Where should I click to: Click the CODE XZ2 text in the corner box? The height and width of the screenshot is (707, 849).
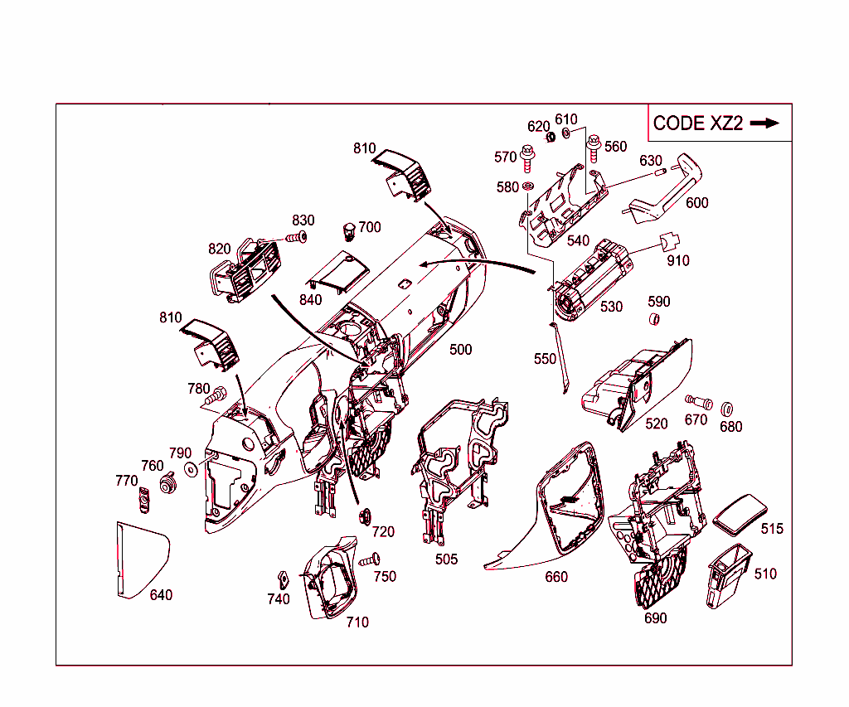coord(697,123)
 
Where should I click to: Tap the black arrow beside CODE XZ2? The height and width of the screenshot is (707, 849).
coord(764,123)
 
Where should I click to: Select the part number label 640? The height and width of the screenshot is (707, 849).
coord(161,595)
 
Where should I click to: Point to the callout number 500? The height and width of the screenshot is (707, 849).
coord(460,350)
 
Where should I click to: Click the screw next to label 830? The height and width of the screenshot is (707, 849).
coord(295,238)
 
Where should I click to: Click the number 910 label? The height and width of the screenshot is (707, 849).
coord(677,260)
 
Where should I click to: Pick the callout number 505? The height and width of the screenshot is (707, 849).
coord(446,559)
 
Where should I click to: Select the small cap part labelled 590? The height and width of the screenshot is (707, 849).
coord(653,321)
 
